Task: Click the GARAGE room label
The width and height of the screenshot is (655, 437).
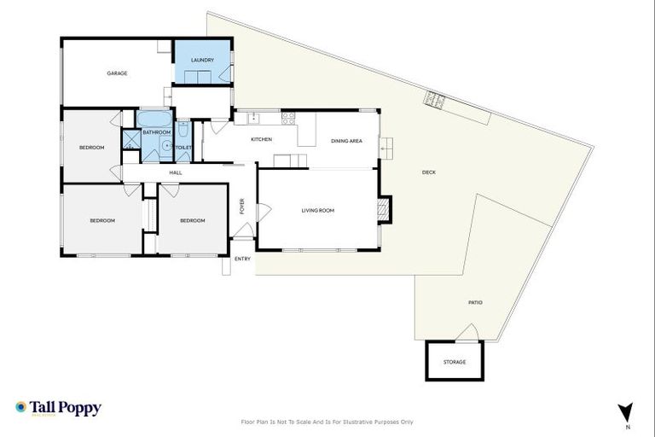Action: coord(117,73)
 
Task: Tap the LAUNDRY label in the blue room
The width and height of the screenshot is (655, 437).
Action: coord(202,60)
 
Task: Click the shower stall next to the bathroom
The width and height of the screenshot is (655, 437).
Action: coord(130,139)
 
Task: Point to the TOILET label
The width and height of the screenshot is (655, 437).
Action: coord(183,148)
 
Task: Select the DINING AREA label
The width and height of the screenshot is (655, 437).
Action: coord(346,141)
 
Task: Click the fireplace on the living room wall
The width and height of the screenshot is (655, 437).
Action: coord(385,209)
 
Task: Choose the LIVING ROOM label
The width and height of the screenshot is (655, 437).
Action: coord(317,210)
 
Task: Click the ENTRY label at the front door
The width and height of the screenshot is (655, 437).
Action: coord(243,259)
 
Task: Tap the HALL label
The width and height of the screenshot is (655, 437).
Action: coord(176,173)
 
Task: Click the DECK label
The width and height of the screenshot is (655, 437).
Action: coord(429,173)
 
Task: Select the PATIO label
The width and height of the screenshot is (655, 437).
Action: coord(475,302)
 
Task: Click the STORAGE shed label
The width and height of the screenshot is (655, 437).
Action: coord(455,362)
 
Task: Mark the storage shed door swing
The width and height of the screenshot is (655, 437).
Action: coord(467,333)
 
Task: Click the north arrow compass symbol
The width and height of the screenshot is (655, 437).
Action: coord(627,411)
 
